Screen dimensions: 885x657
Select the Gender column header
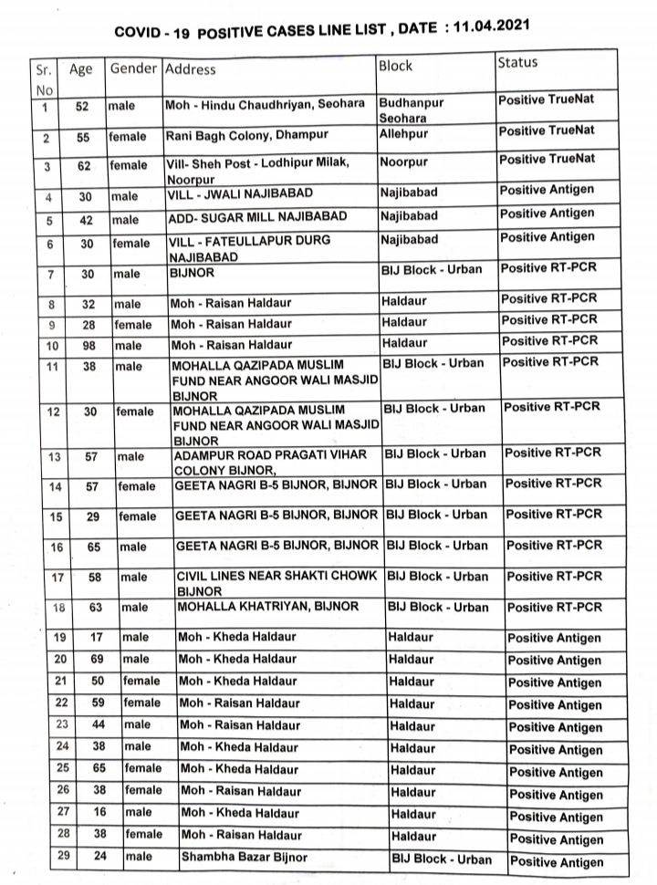133,68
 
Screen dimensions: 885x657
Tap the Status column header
517,62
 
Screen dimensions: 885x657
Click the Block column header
395,66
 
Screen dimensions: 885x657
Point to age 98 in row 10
84,344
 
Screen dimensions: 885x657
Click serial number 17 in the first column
57,578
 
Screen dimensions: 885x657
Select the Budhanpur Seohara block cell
411,110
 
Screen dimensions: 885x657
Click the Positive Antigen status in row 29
555,861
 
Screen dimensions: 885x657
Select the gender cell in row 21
141,681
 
